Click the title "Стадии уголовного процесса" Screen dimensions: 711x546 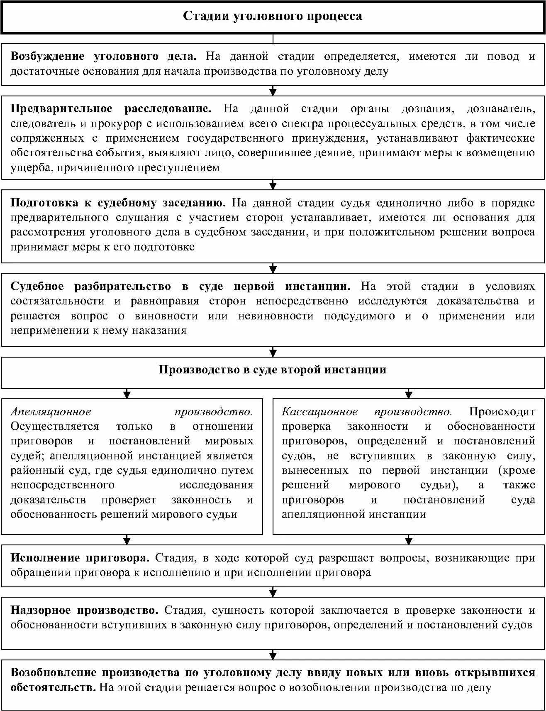click(273, 17)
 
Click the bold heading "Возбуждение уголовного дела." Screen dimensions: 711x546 click(103, 56)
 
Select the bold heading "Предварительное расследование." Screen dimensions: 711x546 click(111, 109)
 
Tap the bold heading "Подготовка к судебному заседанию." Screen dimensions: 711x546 click(118, 203)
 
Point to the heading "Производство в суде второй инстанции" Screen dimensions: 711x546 click(273, 370)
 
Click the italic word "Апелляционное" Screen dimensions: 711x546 click(51, 412)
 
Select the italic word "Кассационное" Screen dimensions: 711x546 click(319, 412)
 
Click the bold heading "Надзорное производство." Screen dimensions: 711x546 click(84, 610)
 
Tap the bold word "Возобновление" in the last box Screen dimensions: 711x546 click(53, 672)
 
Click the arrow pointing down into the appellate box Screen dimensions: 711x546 click(127, 393)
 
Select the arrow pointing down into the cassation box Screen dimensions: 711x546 click(409, 393)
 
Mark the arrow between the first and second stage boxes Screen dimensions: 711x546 click(273, 91)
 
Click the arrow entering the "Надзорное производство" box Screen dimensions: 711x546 click(273, 592)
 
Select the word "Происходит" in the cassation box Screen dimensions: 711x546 click(502, 412)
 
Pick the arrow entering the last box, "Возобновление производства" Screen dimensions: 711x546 click(273, 654)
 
